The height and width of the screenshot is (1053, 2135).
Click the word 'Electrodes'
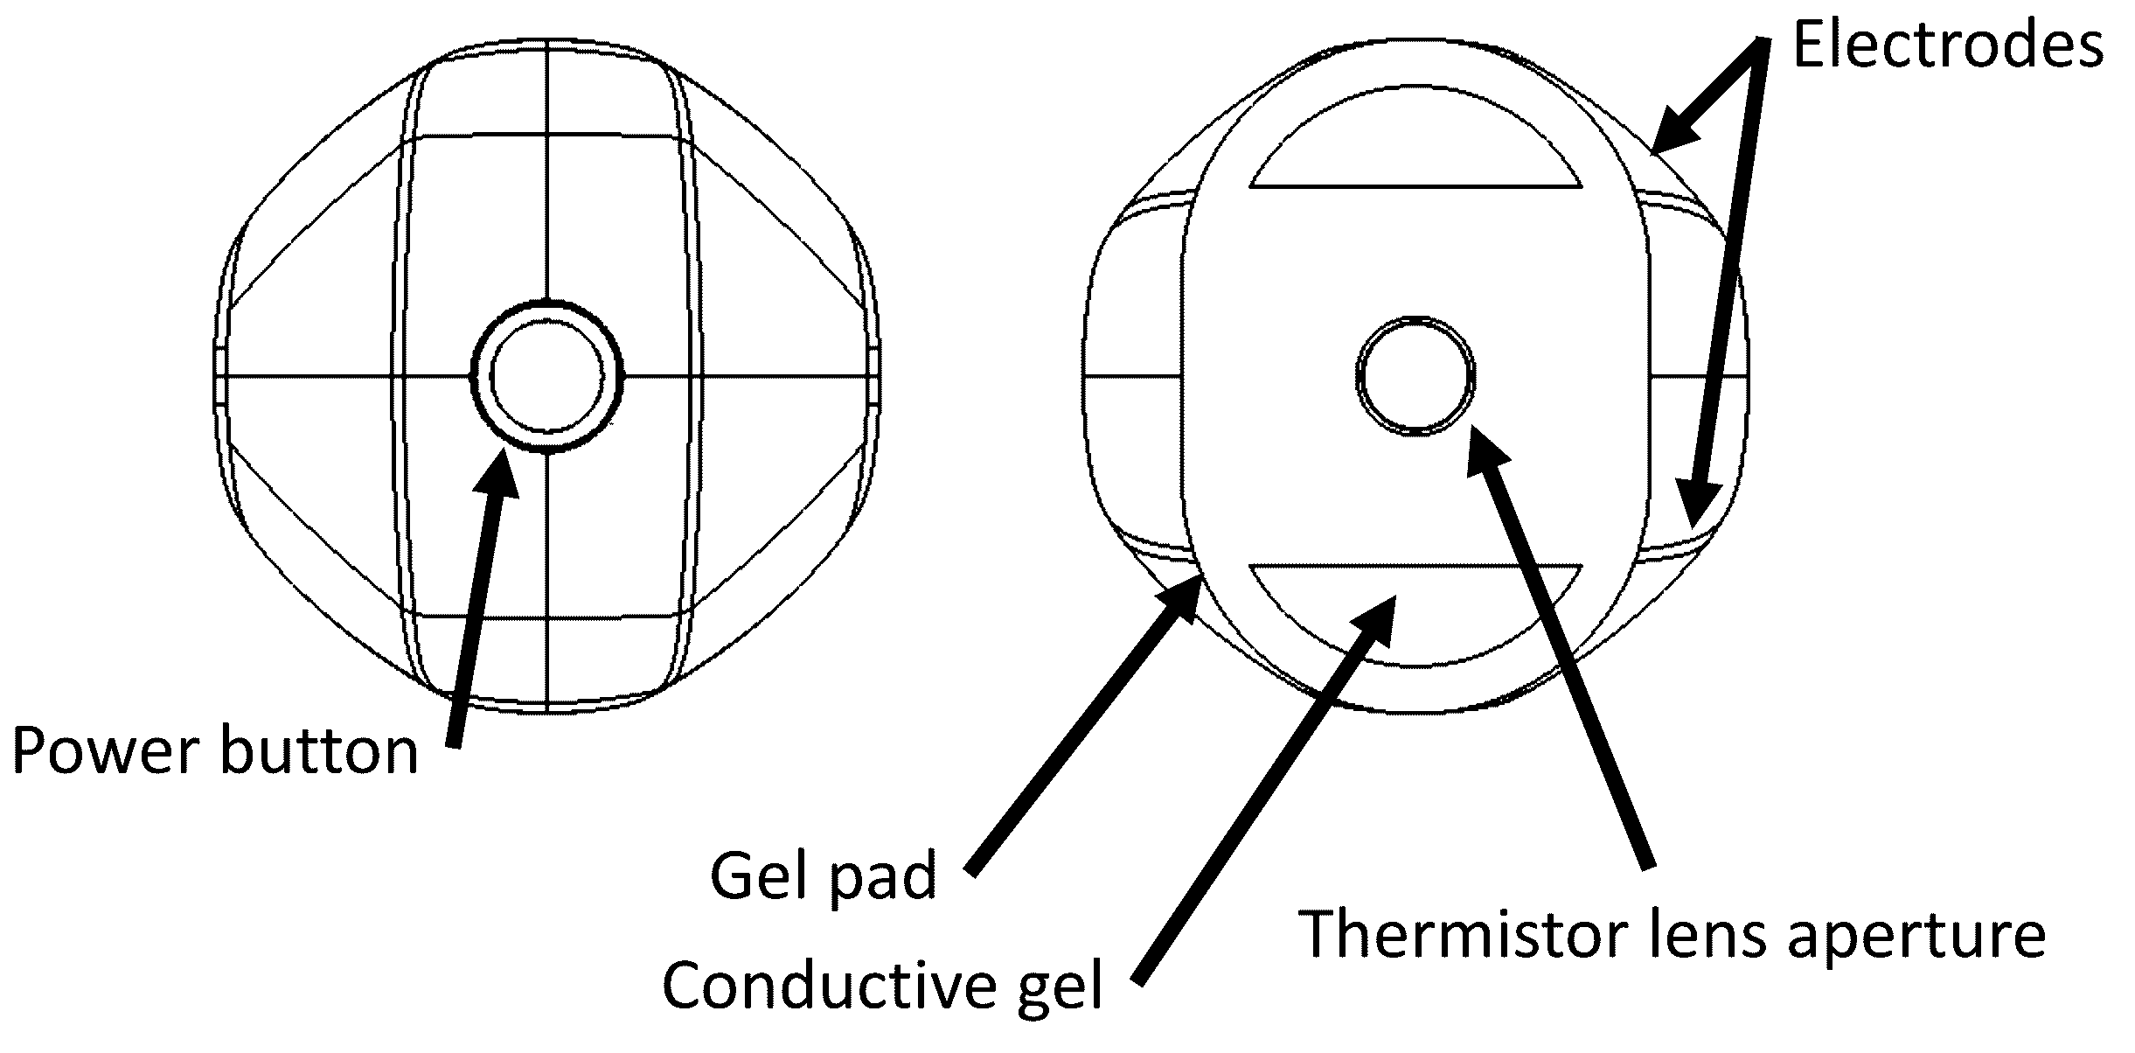tap(1948, 45)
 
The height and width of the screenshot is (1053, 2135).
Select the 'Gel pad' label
tap(823, 875)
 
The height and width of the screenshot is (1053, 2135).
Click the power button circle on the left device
tap(547, 377)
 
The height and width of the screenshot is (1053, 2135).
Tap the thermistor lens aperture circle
tap(1415, 376)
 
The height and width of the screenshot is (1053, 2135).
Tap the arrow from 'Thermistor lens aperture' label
tap(1556, 647)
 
